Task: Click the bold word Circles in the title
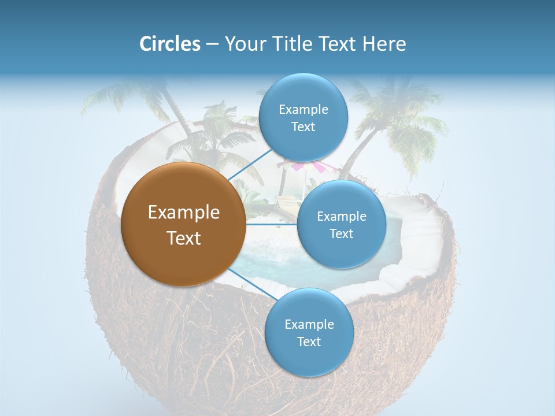coord(169,44)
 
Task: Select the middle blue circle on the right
coord(341,224)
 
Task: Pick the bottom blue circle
coord(309,332)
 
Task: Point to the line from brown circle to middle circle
coord(272,224)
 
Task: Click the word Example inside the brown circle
coord(183,213)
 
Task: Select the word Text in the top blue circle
coord(303,127)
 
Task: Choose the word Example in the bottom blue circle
coord(309,324)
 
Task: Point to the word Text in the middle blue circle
coord(341,233)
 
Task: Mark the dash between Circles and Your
coord(212,44)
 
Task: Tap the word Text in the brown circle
coord(183,238)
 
